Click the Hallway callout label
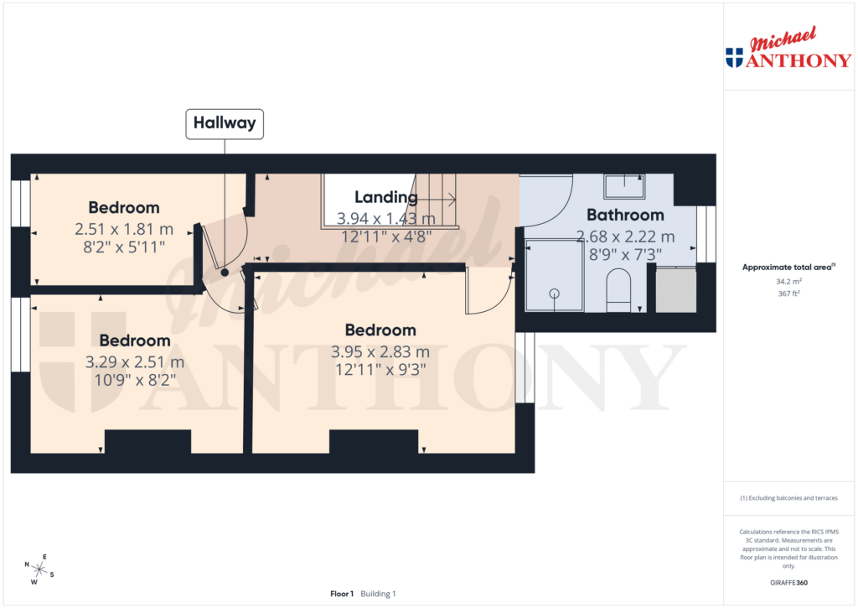point(225,123)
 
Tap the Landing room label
point(385,198)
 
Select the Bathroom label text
point(625,215)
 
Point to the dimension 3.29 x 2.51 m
point(135,362)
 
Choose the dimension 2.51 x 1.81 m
point(124,228)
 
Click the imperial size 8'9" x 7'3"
point(625,253)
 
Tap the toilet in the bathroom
point(618,289)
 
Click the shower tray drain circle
point(554,294)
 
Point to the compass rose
point(39,569)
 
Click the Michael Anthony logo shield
point(734,58)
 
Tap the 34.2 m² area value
point(788,282)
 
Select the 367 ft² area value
point(788,294)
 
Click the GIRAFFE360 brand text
point(788,583)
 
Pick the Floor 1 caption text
point(342,594)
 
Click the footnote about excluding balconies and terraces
point(788,498)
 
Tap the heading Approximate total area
point(786,268)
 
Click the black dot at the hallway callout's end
point(225,273)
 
